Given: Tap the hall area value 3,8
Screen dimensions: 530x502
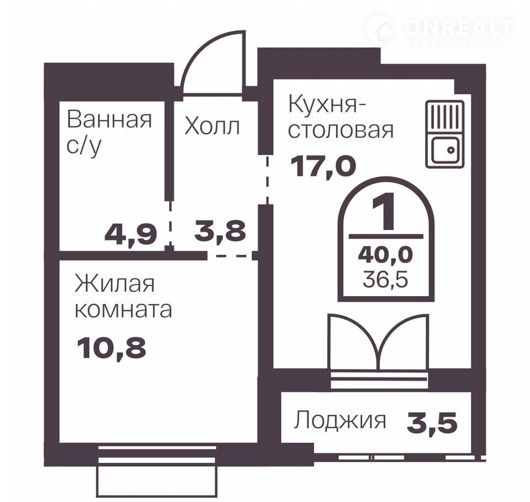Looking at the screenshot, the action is pyautogui.click(x=220, y=231).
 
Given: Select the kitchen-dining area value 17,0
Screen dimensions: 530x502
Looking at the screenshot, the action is pyautogui.click(x=324, y=166).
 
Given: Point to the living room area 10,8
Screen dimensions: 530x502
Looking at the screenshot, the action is pyautogui.click(x=112, y=348).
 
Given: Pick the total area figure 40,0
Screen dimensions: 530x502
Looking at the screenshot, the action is pyautogui.click(x=386, y=255).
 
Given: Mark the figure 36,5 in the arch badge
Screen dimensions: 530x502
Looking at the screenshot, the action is pyautogui.click(x=386, y=279).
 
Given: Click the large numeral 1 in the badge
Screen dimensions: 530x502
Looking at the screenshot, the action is pyautogui.click(x=384, y=212).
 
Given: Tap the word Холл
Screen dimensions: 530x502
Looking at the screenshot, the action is pyautogui.click(x=212, y=126).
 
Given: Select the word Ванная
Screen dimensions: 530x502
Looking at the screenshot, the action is pyautogui.click(x=109, y=119).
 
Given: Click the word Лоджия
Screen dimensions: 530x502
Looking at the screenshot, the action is pyautogui.click(x=340, y=420).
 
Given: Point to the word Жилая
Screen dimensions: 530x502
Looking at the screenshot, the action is pyautogui.click(x=115, y=283).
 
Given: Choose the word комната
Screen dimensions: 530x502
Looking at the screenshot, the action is pyautogui.click(x=123, y=309).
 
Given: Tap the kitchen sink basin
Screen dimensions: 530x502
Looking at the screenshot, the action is pyautogui.click(x=444, y=150).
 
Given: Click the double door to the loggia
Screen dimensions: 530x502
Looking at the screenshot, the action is pyautogui.click(x=378, y=341).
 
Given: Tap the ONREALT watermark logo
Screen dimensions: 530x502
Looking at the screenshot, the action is pyautogui.click(x=439, y=30).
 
